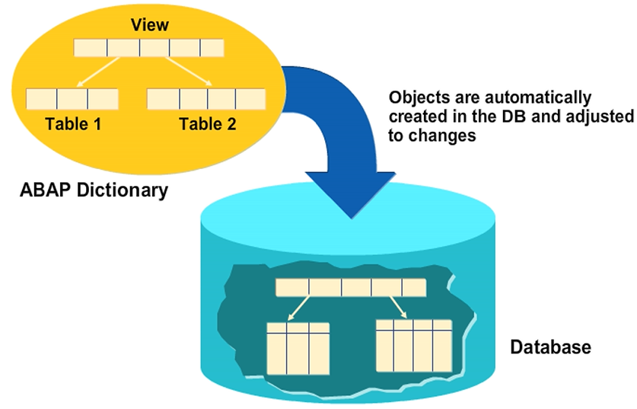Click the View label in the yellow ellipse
click(x=150, y=24)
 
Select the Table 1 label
click(x=73, y=123)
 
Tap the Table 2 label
click(x=207, y=123)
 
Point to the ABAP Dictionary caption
click(x=93, y=190)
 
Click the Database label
click(x=549, y=348)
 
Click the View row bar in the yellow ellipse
click(x=148, y=47)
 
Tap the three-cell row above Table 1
click(x=72, y=98)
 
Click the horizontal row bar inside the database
click(x=350, y=288)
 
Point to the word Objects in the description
click(x=416, y=98)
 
